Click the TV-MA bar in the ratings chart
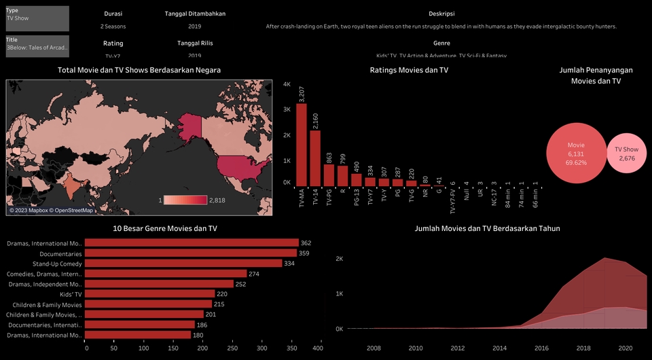click(302, 145)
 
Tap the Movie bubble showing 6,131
click(575, 154)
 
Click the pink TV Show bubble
click(626, 154)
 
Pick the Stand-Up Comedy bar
click(183, 264)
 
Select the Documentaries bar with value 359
click(192, 253)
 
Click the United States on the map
click(240, 166)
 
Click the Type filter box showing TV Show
click(37, 18)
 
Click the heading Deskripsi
click(442, 14)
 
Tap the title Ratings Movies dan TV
click(409, 70)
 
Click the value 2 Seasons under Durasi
click(113, 26)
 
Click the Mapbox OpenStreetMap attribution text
click(51, 211)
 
